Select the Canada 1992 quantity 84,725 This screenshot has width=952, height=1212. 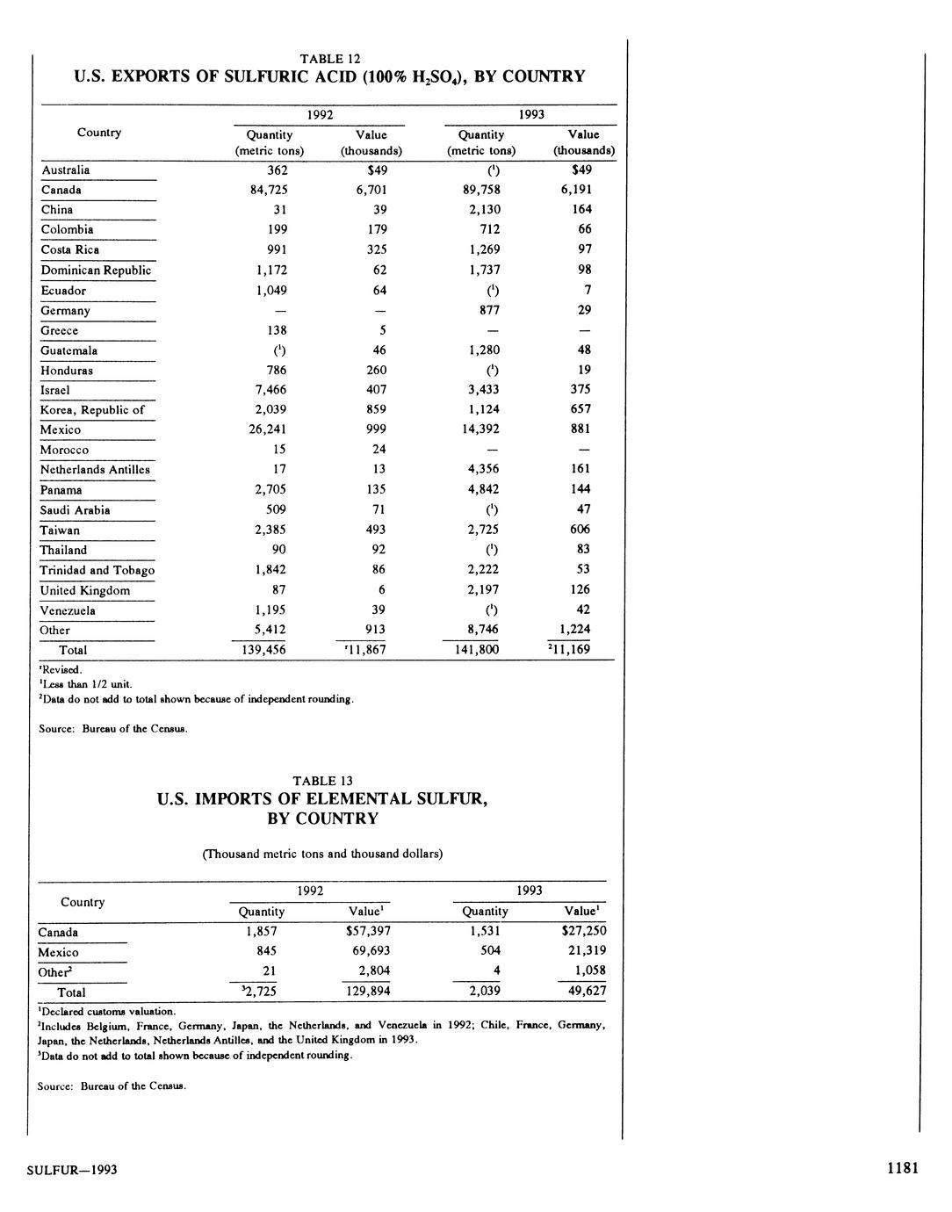(269, 190)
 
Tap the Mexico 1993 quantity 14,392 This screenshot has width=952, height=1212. (481, 429)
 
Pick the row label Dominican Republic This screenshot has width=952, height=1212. (96, 271)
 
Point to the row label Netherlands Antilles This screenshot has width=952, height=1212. (95, 470)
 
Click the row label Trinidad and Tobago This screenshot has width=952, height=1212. (97, 570)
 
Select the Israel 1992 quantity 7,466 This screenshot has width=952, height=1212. (269, 390)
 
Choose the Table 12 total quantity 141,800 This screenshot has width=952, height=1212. (481, 650)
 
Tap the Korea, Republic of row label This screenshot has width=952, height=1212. (92, 410)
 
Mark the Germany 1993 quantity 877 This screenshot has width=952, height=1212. (481, 310)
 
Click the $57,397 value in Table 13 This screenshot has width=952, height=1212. (369, 931)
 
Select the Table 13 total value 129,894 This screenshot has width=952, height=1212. (368, 991)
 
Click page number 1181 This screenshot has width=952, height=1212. (902, 1168)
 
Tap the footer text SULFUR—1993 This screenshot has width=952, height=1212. (72, 1170)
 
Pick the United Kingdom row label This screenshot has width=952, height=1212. (84, 590)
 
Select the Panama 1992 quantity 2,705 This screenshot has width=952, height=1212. (269, 490)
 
